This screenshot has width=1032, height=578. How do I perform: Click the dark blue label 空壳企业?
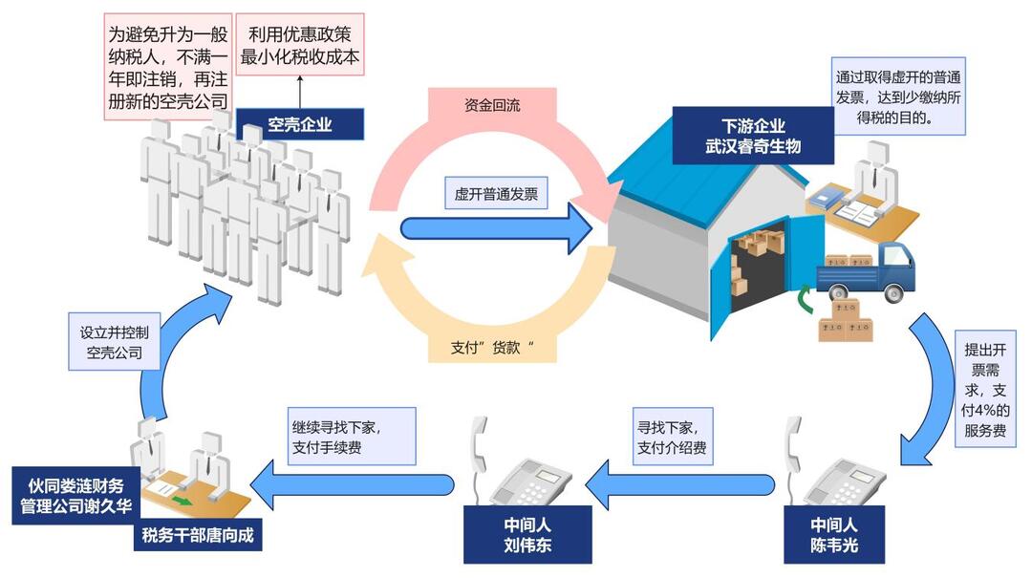[x=300, y=124]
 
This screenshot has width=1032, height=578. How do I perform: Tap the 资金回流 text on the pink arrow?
[x=493, y=105]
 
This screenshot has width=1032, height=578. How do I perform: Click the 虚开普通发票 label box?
[x=495, y=195]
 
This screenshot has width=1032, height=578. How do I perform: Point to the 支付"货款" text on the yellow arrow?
[x=491, y=348]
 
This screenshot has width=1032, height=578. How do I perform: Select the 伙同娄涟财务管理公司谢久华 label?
[x=77, y=494]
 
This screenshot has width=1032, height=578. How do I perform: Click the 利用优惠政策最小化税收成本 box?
[x=299, y=45]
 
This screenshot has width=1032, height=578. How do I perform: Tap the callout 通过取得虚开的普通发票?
[x=897, y=97]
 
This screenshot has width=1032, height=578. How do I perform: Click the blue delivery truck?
[x=866, y=273]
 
